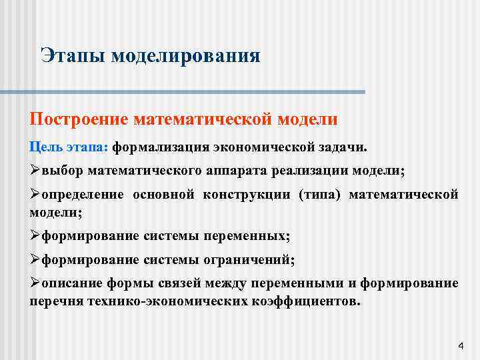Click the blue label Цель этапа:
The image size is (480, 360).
pos(69,146)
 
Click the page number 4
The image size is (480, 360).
pos(461,346)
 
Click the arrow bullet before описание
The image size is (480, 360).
pos(35,283)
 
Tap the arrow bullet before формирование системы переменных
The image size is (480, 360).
pos(35,235)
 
